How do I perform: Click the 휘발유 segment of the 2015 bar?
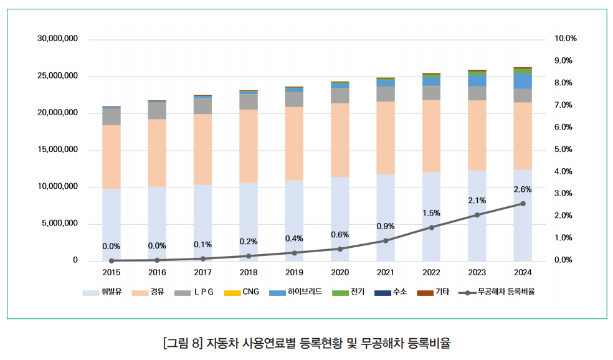click(112, 224)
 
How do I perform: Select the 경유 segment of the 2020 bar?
click(340, 140)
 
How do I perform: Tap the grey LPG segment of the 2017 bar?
click(202, 106)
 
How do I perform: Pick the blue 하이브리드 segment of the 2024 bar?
click(523, 81)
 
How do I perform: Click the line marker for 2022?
click(431, 227)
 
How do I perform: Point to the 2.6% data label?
click(523, 189)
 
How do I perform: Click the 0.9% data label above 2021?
click(386, 226)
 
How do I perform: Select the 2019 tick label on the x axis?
click(294, 273)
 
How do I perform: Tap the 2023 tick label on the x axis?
click(477, 273)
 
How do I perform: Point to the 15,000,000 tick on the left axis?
click(57, 149)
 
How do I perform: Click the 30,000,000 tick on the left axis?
click(57, 39)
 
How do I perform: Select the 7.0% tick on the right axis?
click(565, 105)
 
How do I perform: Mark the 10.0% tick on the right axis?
click(566, 39)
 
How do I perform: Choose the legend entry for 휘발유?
click(103, 291)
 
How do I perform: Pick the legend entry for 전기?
click(349, 291)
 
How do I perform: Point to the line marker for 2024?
click(523, 204)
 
